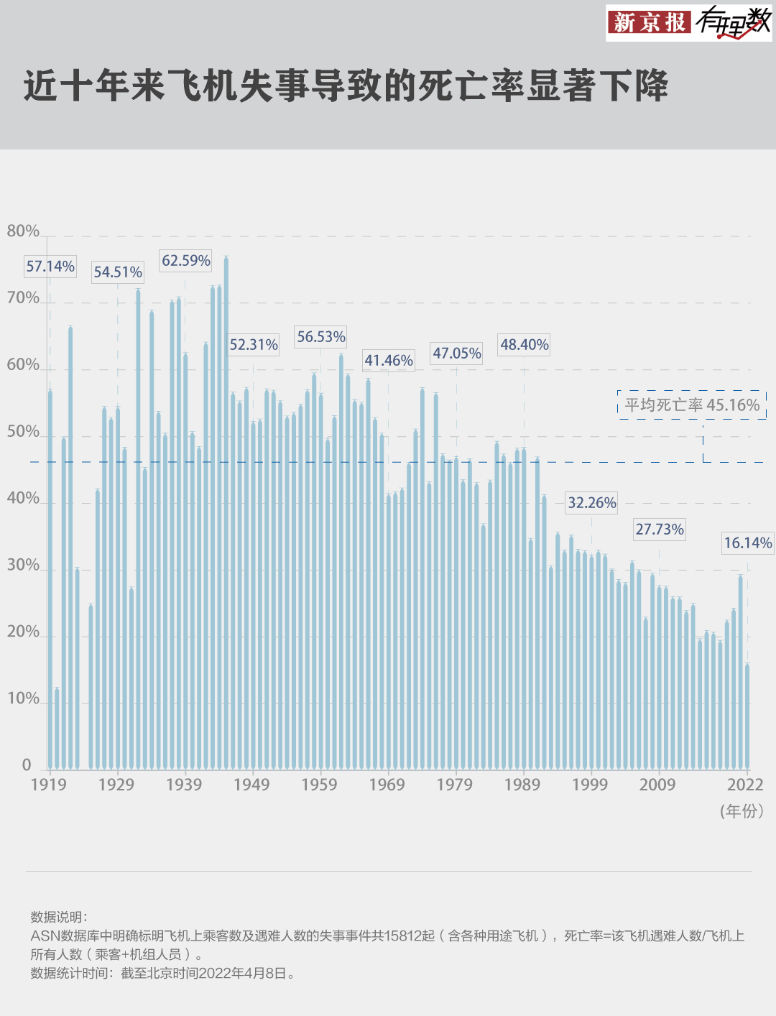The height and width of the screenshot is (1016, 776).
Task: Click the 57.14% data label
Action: [x=50, y=267]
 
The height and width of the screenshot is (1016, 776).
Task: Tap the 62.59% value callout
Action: [x=185, y=261]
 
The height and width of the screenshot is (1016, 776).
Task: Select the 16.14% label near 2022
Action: [x=747, y=543]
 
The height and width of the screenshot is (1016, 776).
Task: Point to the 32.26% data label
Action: [x=592, y=503]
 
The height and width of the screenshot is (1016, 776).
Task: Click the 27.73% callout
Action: [x=660, y=530]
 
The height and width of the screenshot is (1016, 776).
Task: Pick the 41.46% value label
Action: [x=389, y=361]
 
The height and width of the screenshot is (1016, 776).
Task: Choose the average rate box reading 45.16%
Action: [x=692, y=405]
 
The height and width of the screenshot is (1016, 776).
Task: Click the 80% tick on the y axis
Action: [x=23, y=231]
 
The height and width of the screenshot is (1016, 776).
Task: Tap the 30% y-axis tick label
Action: [x=23, y=565]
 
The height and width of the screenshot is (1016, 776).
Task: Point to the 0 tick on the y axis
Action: [x=27, y=765]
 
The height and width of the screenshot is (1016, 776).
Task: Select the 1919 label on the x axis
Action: [x=48, y=785]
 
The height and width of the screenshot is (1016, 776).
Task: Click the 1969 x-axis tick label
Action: [x=387, y=785]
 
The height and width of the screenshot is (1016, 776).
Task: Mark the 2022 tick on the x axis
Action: [x=745, y=785]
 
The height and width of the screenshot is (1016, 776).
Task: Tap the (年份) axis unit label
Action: [x=742, y=811]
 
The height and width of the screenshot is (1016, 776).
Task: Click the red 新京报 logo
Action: [x=650, y=22]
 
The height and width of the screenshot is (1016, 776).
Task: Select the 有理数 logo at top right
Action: [x=733, y=22]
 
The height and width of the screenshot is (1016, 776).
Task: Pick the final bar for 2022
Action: [x=747, y=719]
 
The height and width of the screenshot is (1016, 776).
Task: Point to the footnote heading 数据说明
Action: [x=57, y=918]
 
